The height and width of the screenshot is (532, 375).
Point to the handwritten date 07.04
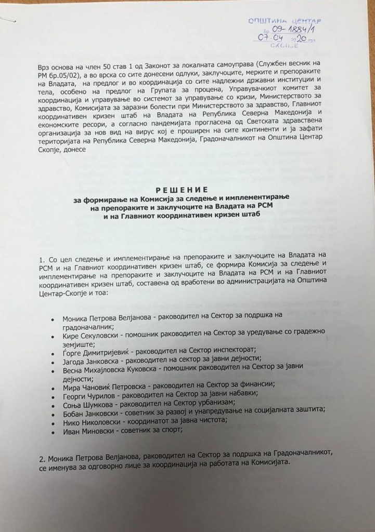click(271, 38)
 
